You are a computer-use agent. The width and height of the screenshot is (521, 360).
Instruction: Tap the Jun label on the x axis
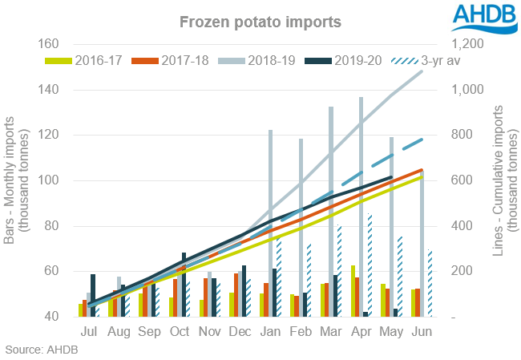(x=417, y=332)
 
